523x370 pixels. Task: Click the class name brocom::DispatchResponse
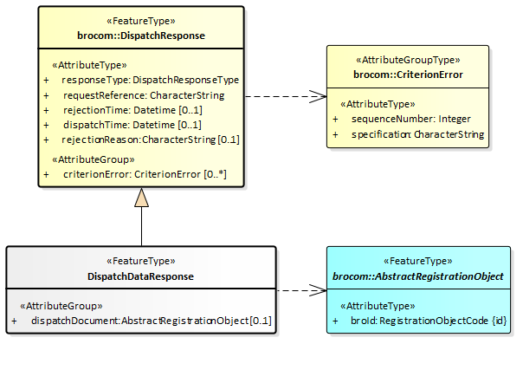tap(141, 36)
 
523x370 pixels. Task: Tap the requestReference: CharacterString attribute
tap(143, 94)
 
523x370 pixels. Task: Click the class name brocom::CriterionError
tap(408, 75)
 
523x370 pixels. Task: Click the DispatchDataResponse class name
tap(141, 276)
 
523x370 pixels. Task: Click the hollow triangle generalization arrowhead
tap(141, 198)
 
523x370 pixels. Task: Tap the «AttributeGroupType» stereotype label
tap(408, 61)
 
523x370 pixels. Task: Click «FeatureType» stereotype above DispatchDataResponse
tap(141, 261)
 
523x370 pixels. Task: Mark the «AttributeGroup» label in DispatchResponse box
tap(94, 159)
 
